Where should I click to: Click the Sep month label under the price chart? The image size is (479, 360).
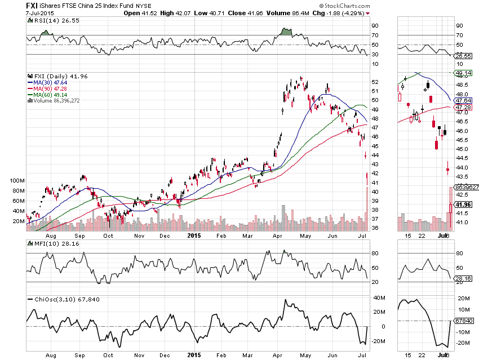tap(80, 236)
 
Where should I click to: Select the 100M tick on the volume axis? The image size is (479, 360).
tap(17, 181)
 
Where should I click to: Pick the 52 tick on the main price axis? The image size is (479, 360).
tap(375, 82)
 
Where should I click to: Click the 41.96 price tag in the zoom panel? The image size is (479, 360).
tap(463, 205)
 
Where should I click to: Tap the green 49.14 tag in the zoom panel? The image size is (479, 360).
tap(463, 73)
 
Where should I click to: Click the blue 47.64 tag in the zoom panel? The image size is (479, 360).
tap(463, 100)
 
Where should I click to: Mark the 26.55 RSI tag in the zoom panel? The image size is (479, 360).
tap(463, 56)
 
